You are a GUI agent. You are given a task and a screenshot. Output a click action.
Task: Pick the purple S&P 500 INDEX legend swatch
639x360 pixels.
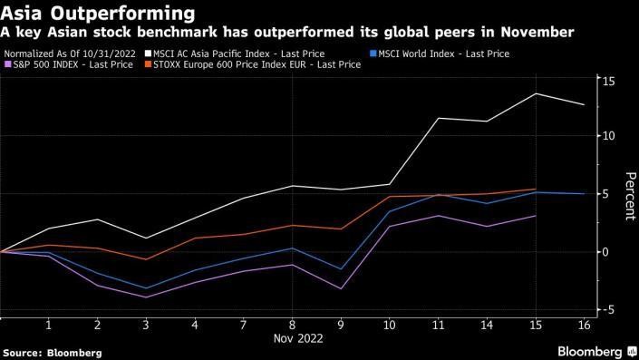click(7, 66)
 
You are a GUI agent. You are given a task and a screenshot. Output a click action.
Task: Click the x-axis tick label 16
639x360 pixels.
click(584, 324)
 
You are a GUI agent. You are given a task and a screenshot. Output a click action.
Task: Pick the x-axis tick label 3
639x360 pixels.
click(146, 324)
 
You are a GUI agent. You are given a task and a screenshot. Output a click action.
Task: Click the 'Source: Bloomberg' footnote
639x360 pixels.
click(53, 352)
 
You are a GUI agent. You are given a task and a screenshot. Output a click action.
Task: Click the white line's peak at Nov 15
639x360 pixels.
click(536, 93)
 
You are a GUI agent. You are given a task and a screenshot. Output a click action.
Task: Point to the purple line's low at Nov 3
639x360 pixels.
click(146, 297)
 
